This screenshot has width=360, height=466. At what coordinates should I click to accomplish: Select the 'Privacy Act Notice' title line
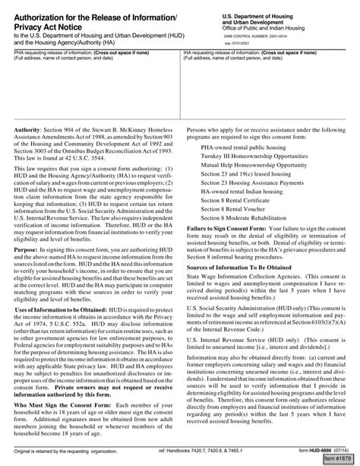click(x=52, y=28)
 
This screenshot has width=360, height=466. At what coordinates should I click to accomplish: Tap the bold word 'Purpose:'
click(x=29, y=248)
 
